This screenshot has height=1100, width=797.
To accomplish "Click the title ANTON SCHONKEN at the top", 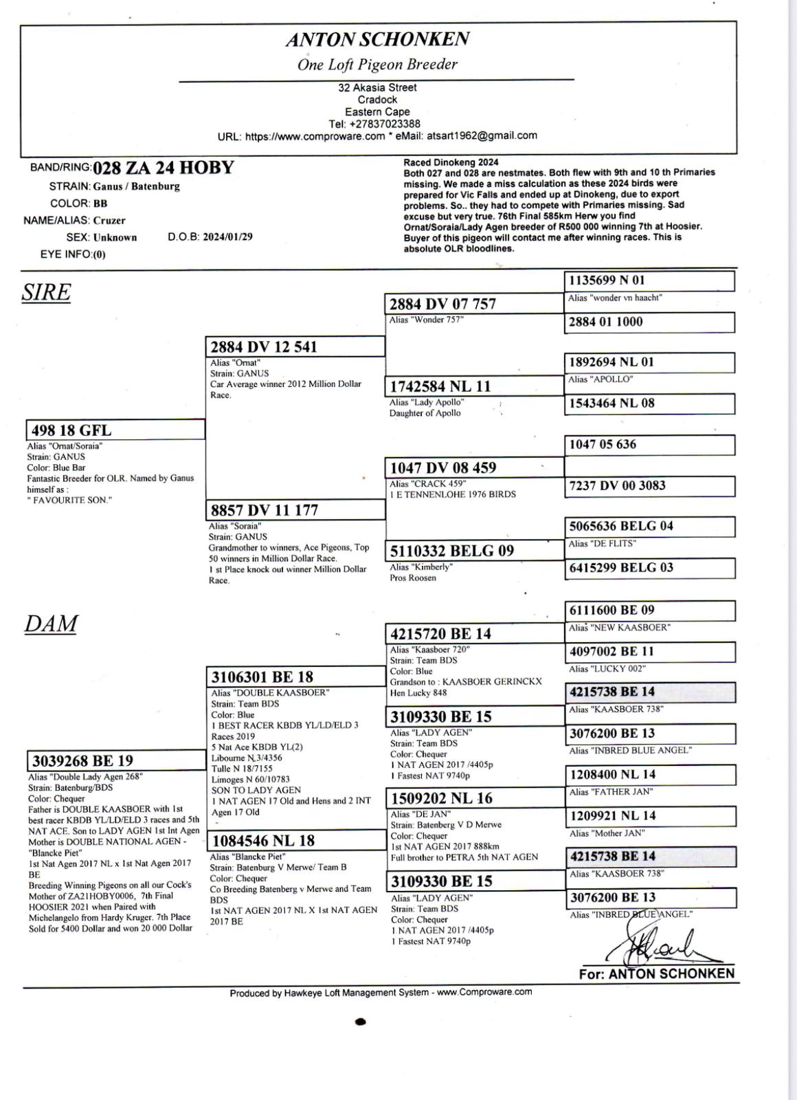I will pos(377,39).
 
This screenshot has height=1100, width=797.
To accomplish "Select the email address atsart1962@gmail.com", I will pos(481,135).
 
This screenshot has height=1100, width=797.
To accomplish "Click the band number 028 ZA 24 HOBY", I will pos(164,168).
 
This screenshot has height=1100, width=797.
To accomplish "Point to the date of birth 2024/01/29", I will pos(227,237).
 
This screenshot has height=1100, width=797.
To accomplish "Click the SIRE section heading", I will pos(46,292).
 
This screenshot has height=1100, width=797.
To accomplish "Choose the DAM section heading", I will pos(51,624).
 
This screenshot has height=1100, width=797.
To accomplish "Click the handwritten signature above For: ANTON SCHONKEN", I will pos(660,946).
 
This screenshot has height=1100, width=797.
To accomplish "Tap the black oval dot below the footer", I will pos(361,1022).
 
